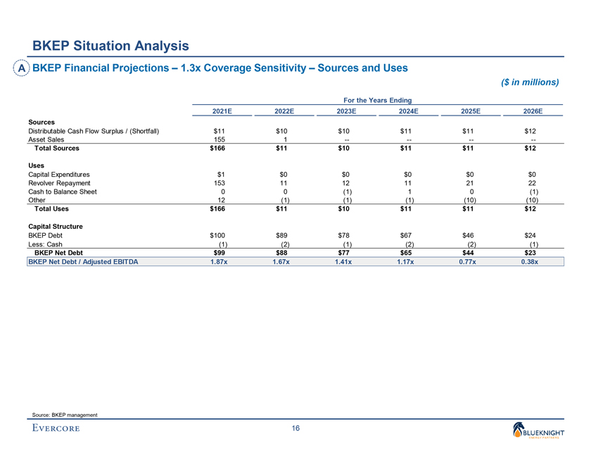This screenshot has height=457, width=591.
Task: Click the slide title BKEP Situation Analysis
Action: tap(110, 46)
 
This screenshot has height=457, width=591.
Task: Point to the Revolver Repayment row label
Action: tap(59, 182)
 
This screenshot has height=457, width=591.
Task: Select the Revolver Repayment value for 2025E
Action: tap(469, 182)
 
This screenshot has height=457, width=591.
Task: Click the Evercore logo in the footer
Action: tap(55, 428)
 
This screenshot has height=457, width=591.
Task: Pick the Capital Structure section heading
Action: tap(56, 226)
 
